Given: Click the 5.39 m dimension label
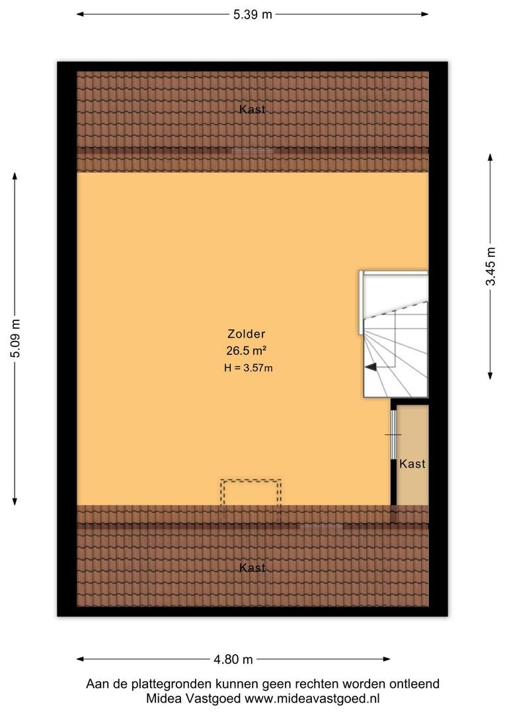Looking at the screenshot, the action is pos(252,15).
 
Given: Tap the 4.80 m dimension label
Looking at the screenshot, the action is pos(233,659).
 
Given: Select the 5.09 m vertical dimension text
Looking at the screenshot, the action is pos(15,339).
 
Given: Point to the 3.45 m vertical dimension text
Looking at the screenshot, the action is pos(490,266).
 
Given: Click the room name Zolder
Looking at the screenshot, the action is pos(247,334).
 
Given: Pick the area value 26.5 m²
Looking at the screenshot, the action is pos(247,351).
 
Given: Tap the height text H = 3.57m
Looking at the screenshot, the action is pos(248,367).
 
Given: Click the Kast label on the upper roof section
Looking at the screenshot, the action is pos(252,109).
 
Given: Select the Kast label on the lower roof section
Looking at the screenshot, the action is pos(252,567).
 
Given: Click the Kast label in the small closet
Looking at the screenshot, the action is pos(412,463).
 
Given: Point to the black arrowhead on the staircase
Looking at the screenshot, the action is pos(370,367).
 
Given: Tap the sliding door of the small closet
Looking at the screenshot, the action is pos(393,434).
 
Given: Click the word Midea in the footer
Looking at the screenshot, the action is pos(164,698).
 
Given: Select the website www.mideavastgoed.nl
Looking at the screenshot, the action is pos(312,698).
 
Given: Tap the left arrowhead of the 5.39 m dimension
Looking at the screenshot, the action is pos(81,14).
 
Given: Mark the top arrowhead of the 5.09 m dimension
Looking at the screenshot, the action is pos(15,177).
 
